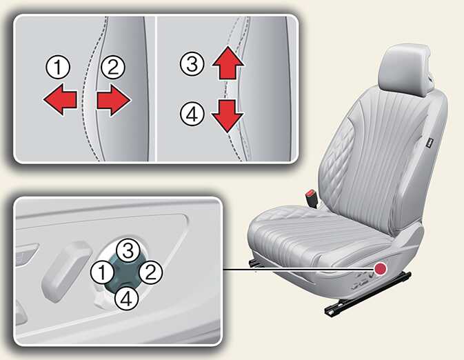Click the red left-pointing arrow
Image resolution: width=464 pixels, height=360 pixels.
[x=60, y=99]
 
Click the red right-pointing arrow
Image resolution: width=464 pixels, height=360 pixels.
[x=113, y=100]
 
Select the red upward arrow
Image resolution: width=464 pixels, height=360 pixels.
[x=228, y=63]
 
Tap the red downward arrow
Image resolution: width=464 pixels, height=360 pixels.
[x=228, y=116]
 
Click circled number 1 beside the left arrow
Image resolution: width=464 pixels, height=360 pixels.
[x=58, y=67]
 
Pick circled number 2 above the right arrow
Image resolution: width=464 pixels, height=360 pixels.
[x=113, y=67]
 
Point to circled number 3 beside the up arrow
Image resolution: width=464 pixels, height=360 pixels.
[x=192, y=64]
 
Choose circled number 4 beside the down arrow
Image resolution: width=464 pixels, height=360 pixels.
[x=192, y=114]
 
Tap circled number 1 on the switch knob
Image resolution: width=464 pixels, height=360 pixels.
[x=103, y=272]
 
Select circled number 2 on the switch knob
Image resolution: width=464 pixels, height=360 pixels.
[x=151, y=272]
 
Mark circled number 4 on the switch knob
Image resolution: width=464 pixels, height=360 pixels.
[x=127, y=299]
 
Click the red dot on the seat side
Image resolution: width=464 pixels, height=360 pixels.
[x=381, y=268]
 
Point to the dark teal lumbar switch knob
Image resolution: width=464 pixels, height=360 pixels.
[x=123, y=274]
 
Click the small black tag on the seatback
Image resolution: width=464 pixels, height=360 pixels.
[x=430, y=143]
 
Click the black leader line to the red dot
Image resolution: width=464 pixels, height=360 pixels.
[x=299, y=270]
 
